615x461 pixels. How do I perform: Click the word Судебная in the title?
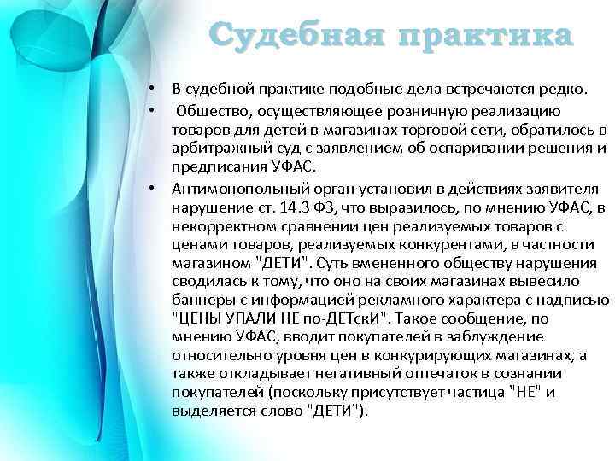tap(281, 37)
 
